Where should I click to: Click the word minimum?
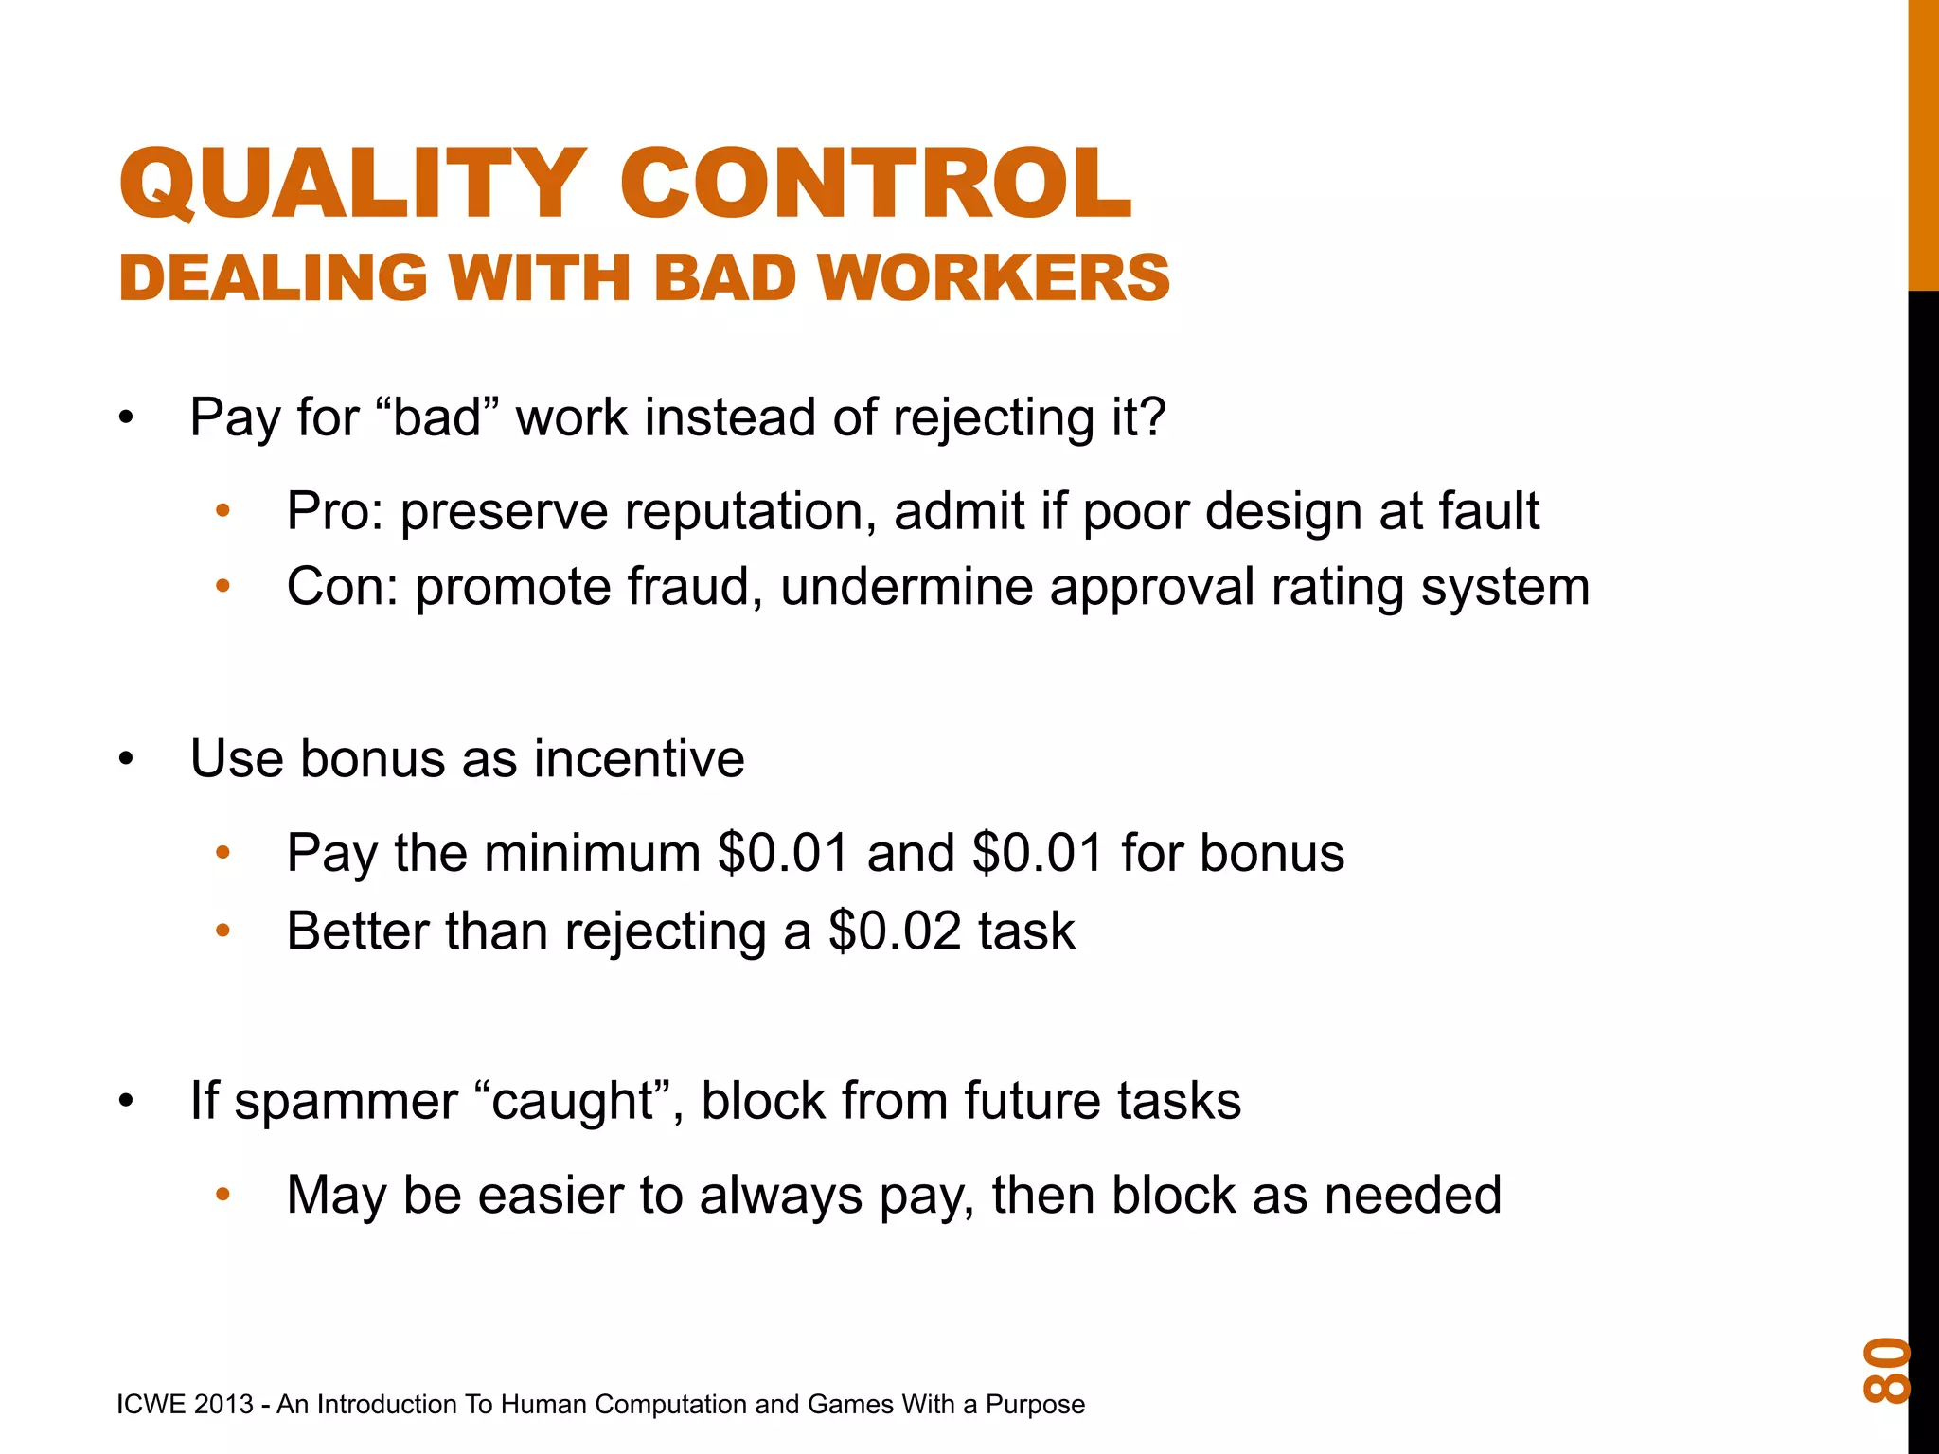coord(593,853)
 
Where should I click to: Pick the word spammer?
coord(346,1101)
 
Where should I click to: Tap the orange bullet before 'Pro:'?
coord(223,512)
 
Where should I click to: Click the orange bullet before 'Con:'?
coord(223,588)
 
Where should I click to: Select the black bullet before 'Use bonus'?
coord(127,759)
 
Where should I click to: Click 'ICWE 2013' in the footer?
coord(185,1404)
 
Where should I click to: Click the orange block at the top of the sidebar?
coord(1923,142)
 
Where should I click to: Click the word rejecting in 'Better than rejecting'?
coord(666,932)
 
